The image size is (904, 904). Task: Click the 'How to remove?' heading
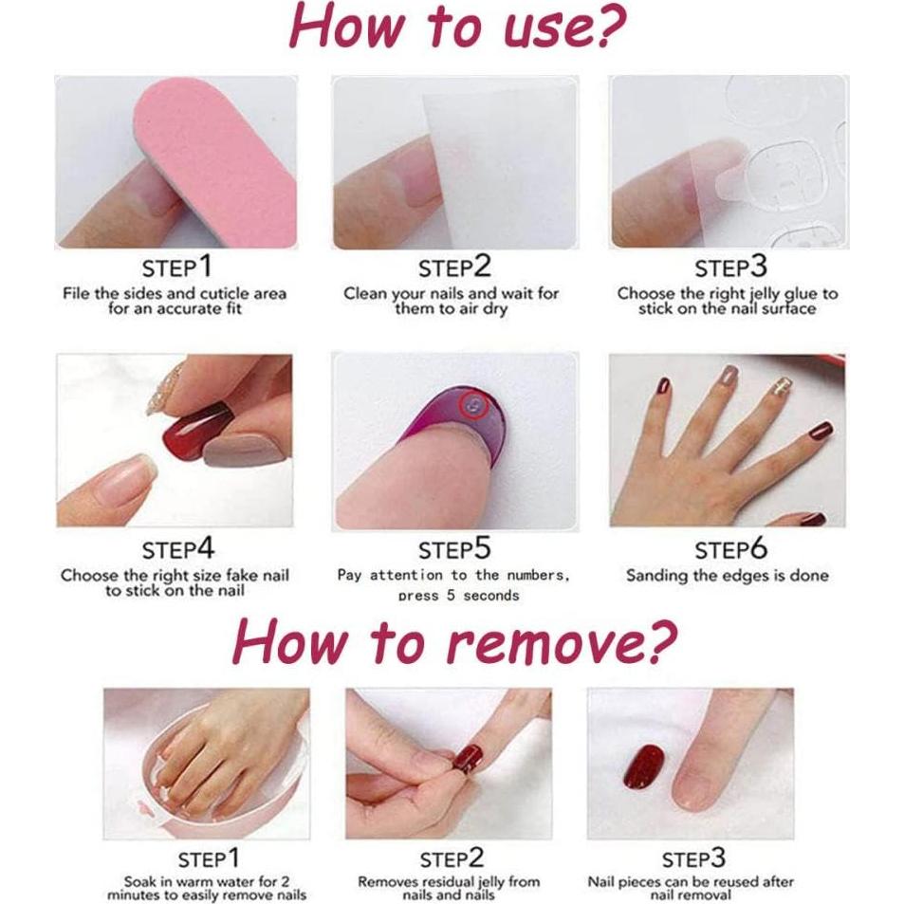455,643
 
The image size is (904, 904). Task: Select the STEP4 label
178,549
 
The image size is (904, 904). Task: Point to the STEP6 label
729,549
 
